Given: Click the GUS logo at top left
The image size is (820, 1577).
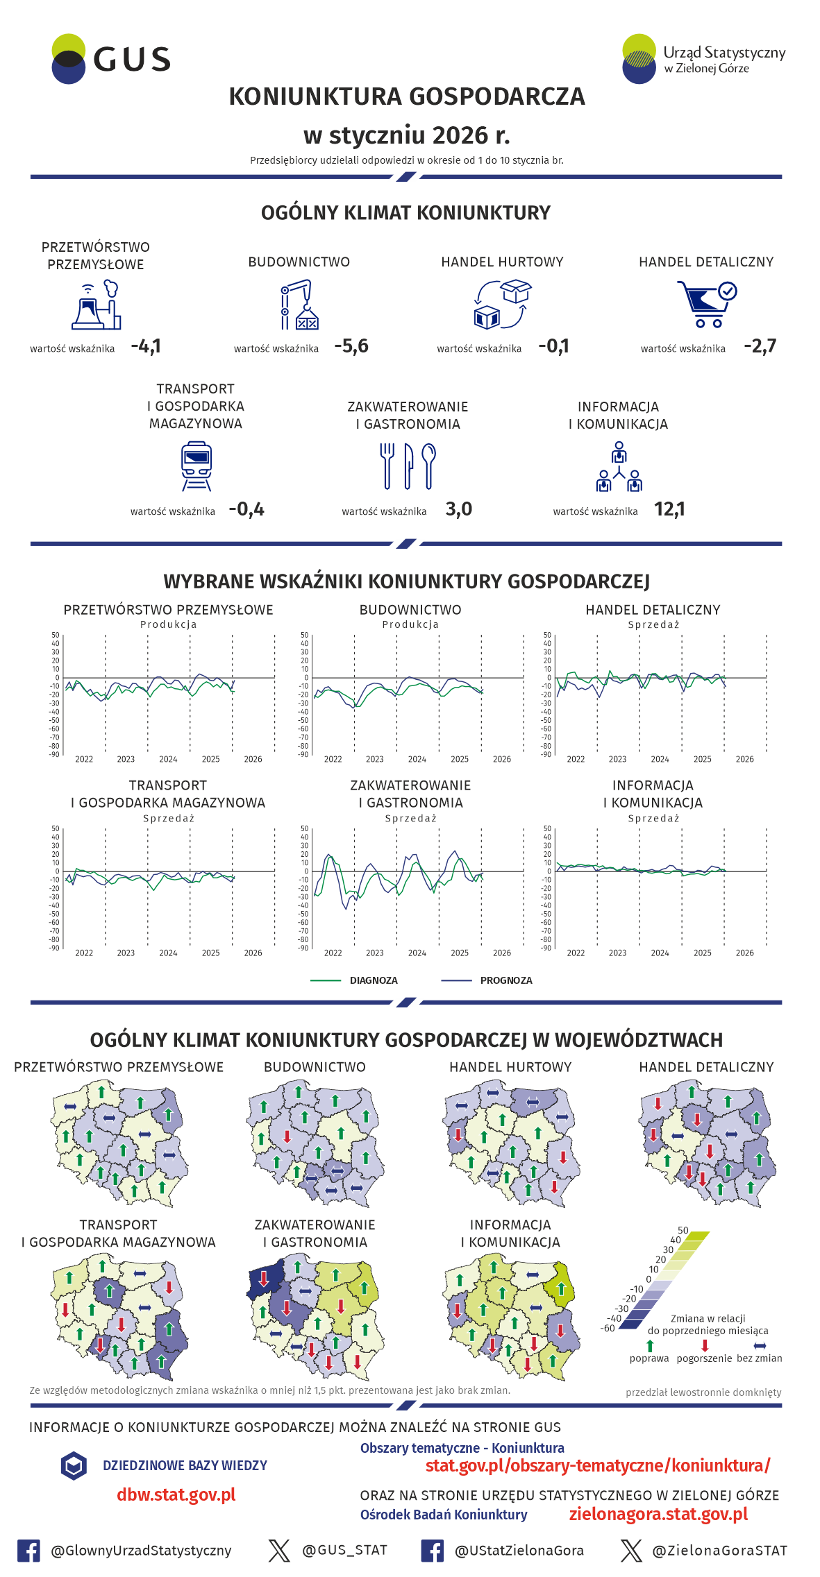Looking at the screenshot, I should click(111, 59).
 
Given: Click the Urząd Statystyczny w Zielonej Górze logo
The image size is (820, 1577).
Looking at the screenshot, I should click(703, 59).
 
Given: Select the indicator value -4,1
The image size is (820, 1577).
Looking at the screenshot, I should click(146, 346).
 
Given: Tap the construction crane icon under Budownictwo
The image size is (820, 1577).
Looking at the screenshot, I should click(299, 305).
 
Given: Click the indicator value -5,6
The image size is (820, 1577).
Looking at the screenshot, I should click(351, 346).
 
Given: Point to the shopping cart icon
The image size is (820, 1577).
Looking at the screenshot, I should click(706, 304).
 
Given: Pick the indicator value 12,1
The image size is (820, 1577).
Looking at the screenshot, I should click(669, 509).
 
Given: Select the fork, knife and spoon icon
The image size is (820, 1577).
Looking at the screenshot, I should click(408, 466).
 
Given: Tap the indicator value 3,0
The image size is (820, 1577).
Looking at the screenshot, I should click(458, 509).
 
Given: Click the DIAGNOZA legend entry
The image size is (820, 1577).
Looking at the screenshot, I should click(373, 980).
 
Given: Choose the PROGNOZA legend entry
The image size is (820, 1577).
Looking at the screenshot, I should click(505, 980).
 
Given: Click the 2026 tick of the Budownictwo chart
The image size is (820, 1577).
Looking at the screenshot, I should click(501, 759).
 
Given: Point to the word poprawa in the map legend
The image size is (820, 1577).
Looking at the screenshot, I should click(649, 1358).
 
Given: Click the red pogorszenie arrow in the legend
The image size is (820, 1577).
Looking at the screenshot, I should click(705, 1345).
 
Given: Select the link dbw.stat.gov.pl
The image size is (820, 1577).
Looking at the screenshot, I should click(176, 1494).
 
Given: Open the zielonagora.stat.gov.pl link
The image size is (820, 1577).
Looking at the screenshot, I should click(658, 1514).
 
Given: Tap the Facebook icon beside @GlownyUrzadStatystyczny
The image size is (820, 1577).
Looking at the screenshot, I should click(28, 1551).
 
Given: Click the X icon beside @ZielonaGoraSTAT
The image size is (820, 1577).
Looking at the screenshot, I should click(631, 1551).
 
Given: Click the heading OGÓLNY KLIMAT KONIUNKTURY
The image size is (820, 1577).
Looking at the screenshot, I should click(405, 213).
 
